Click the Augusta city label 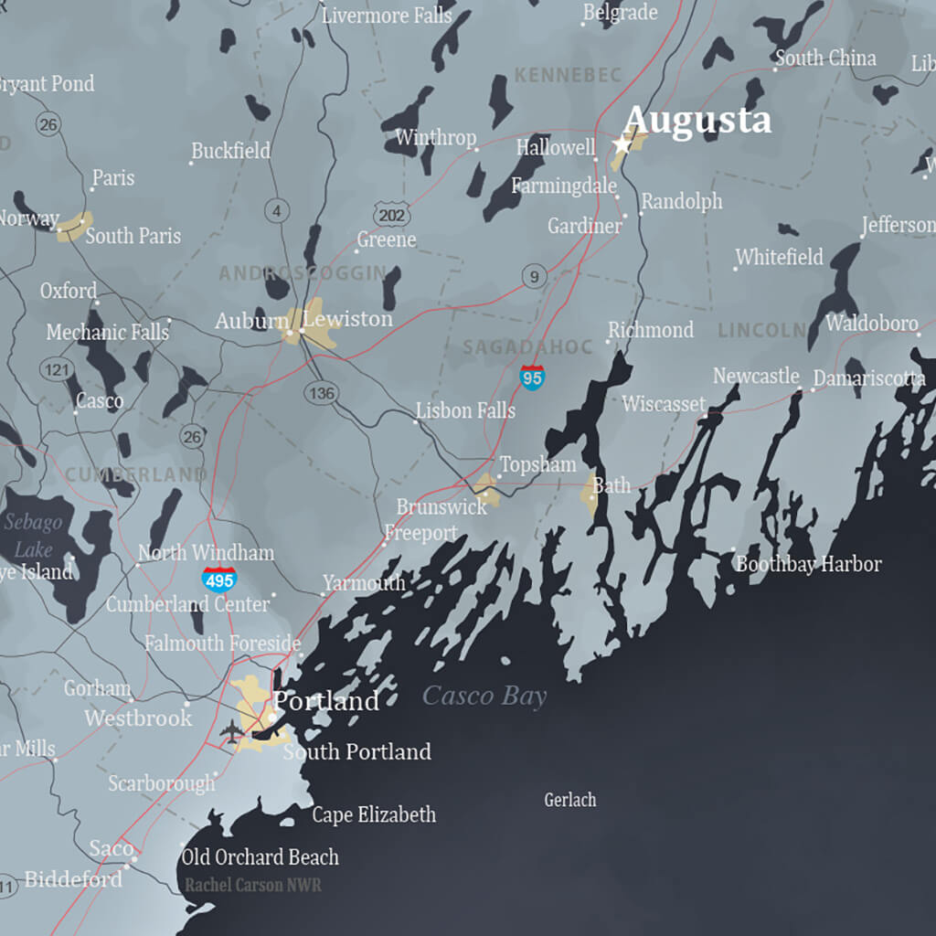coord(697,121)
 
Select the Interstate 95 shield coord(532,377)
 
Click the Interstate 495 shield coord(219,579)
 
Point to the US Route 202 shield coord(391,215)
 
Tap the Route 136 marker coord(322,393)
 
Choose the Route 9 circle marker coord(535,275)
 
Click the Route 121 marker coord(56,370)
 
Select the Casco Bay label coord(484,697)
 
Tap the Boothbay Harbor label coord(809,564)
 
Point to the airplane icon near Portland coord(232,731)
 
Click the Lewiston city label coord(347,319)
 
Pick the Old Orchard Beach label coord(261,857)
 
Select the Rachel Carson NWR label coord(253,885)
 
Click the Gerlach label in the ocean coord(570,800)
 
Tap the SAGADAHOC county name coord(516,347)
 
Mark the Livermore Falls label coord(387,16)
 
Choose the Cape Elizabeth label coord(374,814)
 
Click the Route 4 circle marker coord(276,211)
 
